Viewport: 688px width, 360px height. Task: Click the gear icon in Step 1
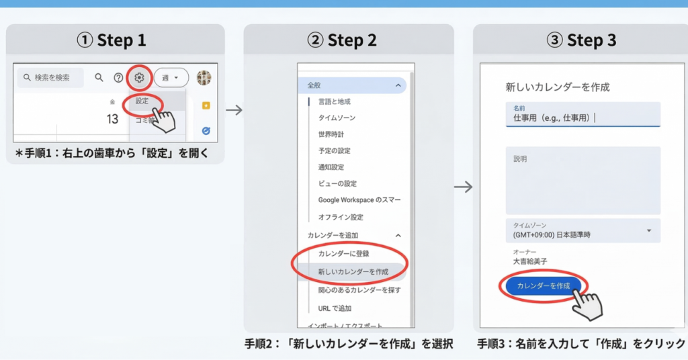(138, 77)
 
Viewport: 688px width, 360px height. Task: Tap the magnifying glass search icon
(99, 77)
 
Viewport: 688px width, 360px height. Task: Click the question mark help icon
(118, 78)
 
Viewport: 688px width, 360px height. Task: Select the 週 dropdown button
(171, 77)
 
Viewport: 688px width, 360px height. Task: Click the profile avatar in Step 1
(204, 77)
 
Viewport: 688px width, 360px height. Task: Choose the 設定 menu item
(142, 101)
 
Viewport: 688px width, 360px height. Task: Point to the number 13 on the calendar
(112, 119)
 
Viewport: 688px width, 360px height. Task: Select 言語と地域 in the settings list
(335, 101)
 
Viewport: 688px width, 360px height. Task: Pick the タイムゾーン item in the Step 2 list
(337, 118)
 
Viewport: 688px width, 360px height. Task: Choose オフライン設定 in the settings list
(341, 217)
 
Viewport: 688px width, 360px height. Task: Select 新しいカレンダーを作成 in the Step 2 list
(353, 271)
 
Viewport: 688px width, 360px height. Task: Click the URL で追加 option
(335, 308)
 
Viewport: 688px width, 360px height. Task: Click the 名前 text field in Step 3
(583, 114)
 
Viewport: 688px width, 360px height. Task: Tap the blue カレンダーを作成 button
(544, 285)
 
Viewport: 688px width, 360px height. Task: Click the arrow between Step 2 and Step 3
(464, 187)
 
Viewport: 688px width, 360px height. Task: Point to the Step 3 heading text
(582, 40)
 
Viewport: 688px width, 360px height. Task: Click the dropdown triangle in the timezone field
(649, 230)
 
